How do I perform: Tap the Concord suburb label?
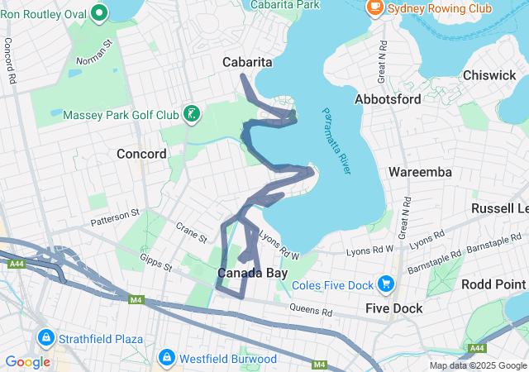(x=141, y=154)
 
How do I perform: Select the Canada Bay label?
(x=252, y=273)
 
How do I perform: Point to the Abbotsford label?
(x=388, y=99)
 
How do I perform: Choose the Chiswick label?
(x=489, y=75)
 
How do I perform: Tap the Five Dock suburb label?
(x=394, y=308)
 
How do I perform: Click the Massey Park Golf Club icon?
(x=192, y=113)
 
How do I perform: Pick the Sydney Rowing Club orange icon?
(x=374, y=8)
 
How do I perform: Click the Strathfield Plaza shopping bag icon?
(x=45, y=339)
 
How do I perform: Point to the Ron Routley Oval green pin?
(x=99, y=12)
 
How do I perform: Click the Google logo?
(x=27, y=361)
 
